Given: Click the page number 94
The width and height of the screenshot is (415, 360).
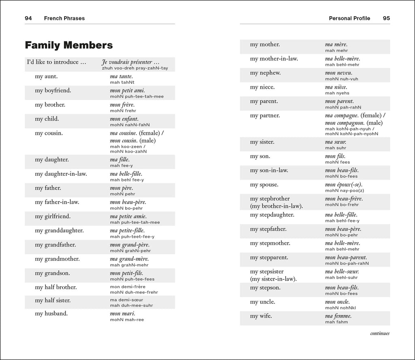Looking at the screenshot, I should tap(28, 18).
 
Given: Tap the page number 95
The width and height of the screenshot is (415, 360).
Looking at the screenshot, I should tap(386, 18).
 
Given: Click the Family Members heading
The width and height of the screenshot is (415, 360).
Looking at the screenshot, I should tap(68, 45).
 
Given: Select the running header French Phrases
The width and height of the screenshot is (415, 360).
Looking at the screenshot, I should tap(64, 18).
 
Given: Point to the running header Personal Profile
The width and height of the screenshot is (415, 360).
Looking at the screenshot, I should tap(349, 18).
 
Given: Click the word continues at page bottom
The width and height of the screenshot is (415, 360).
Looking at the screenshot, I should tap(380, 334).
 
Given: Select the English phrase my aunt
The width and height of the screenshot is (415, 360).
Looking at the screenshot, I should tap(46, 76).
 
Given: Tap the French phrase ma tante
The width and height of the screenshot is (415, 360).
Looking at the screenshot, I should tap(121, 76).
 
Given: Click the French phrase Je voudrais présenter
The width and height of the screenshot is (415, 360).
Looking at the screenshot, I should tap(130, 62).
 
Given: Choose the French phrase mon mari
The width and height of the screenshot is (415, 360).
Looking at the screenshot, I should tap(122, 313).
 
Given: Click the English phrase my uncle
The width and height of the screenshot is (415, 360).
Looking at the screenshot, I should tap(263, 302).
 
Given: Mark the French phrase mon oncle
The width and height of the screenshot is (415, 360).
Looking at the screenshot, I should tap(337, 302).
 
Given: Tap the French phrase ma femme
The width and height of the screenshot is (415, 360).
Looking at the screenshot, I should tap(338, 316).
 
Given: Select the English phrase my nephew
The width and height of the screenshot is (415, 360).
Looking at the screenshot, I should tap(265, 73).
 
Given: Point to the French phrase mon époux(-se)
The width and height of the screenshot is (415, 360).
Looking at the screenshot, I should tap(344, 185).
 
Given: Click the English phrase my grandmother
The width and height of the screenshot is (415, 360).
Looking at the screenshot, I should tap(57, 259).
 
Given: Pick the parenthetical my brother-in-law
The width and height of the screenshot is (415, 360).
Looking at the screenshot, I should tap(276, 206).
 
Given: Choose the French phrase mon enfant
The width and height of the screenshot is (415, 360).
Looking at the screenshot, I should tap(124, 119).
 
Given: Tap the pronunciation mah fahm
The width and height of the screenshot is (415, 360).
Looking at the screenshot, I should tap(336, 322).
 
